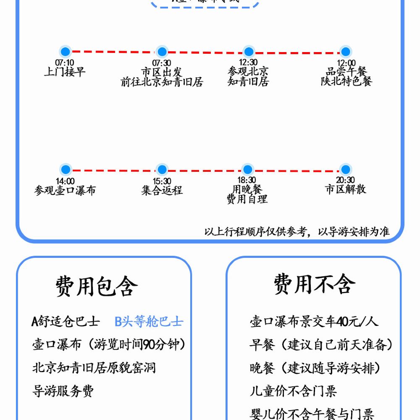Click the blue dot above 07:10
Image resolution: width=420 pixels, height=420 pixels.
click(65, 52)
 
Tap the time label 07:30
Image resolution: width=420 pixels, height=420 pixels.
click(162, 63)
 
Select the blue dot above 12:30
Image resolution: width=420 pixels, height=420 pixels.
click(249, 52)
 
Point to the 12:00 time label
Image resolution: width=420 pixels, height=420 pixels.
click(346, 63)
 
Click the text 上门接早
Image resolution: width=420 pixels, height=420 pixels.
click(65, 72)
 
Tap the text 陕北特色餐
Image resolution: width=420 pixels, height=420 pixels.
click(346, 81)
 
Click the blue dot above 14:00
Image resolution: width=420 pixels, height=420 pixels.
click(65, 170)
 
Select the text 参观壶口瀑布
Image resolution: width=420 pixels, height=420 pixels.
click(65, 190)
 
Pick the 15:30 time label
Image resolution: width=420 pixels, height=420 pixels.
click(162, 181)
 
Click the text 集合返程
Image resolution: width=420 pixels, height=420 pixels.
click(162, 190)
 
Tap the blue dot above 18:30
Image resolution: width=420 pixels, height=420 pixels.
click(248, 170)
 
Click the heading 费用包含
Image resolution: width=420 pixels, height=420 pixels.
click(97, 286)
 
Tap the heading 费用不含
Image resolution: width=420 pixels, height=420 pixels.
click(315, 284)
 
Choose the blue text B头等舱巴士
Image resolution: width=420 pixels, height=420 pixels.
click(149, 322)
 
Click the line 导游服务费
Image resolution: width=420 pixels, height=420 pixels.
click(63, 391)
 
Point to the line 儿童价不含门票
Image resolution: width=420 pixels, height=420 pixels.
click(293, 391)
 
